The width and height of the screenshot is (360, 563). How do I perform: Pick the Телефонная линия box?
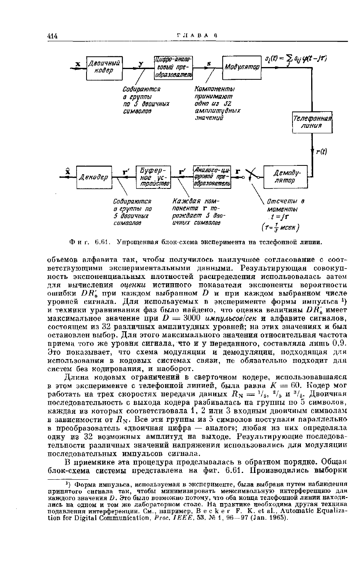312,122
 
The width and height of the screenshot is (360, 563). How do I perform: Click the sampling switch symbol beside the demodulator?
253,175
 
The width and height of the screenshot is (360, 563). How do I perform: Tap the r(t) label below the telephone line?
321,152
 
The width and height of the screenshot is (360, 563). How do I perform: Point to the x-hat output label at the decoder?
67,171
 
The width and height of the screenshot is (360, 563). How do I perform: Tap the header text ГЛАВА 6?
197,35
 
